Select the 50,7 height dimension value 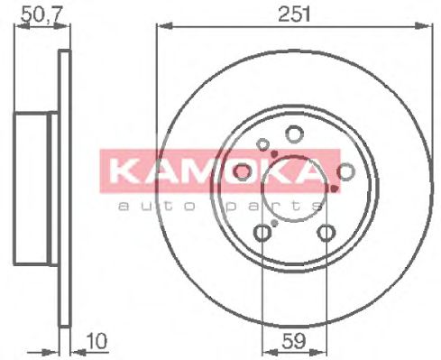click(x=38, y=13)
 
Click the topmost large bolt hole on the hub click(x=292, y=134)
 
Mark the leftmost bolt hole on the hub click(x=241, y=172)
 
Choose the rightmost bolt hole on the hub click(x=345, y=172)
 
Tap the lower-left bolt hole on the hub click(x=262, y=234)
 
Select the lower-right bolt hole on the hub click(x=323, y=234)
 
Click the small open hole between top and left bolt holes click(x=262, y=143)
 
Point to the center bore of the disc click(x=292, y=185)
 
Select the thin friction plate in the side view click(x=64, y=189)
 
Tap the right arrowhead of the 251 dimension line click(x=423, y=28)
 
